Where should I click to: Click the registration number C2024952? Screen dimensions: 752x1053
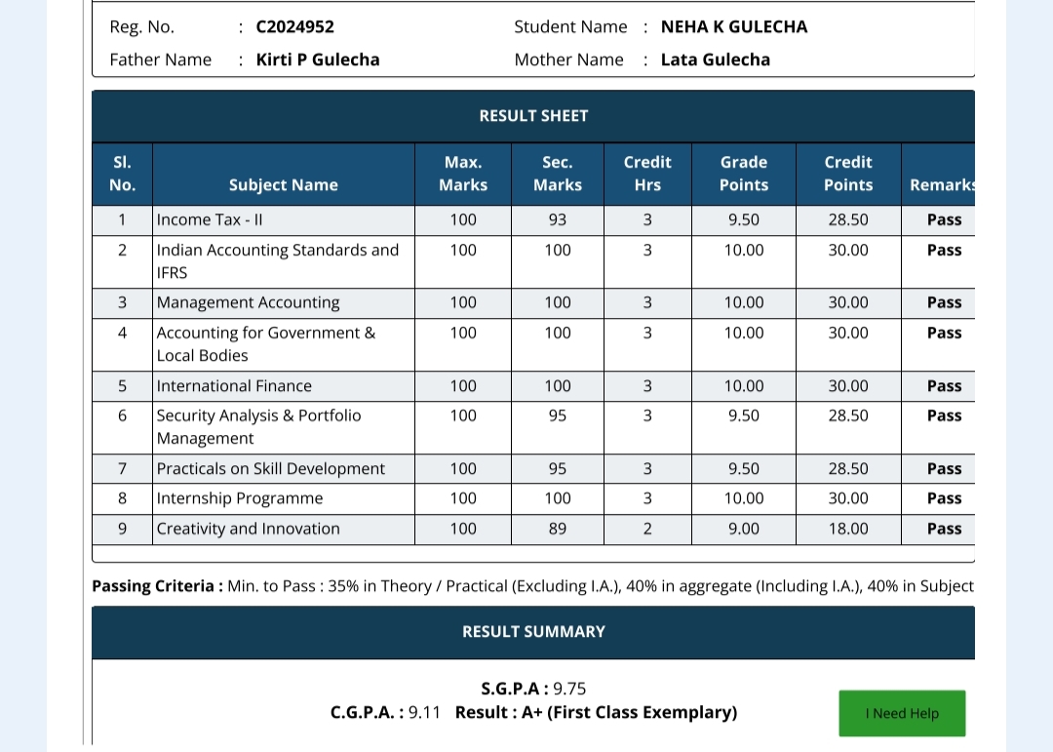point(294,27)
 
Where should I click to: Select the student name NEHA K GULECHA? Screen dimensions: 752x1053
point(733,27)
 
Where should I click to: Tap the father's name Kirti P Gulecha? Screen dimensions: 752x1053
point(317,59)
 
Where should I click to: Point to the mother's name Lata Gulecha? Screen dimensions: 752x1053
point(715,59)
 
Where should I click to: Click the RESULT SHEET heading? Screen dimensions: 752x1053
point(533,116)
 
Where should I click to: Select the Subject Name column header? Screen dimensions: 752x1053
point(283,185)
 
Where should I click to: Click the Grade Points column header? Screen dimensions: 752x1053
point(743,174)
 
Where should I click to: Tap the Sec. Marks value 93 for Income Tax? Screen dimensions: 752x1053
point(557,220)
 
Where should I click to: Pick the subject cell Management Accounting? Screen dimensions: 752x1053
point(248,302)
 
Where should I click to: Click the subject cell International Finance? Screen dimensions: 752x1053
point(234,386)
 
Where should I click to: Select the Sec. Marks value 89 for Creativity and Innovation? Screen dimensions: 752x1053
point(557,529)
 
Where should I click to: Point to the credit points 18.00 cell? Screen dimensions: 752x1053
point(847,529)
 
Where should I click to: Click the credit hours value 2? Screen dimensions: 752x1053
point(647,529)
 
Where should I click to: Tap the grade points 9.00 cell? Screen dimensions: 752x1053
point(743,529)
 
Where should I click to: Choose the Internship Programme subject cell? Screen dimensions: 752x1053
point(239,498)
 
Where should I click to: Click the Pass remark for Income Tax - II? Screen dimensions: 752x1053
point(944,220)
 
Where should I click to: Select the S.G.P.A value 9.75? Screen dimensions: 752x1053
point(569,689)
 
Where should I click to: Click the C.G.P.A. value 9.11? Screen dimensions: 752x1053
point(424,713)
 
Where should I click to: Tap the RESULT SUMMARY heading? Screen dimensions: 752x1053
point(533,632)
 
